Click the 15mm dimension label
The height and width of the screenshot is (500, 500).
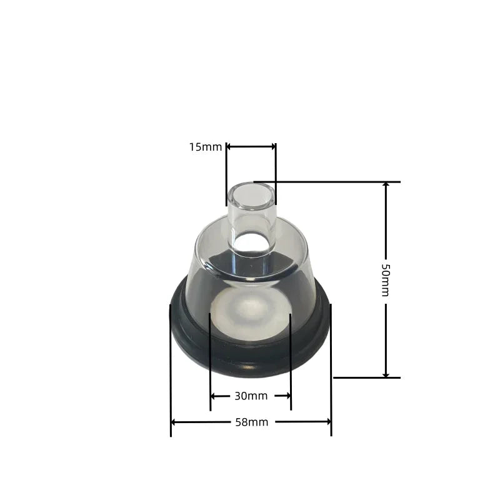(x=206, y=147)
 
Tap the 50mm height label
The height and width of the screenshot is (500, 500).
(x=386, y=279)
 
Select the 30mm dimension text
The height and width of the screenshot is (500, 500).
(x=251, y=396)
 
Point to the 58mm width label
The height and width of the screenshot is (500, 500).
(x=251, y=422)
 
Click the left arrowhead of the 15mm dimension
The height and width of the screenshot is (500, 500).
(x=229, y=147)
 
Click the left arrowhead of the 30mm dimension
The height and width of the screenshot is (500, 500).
(x=213, y=396)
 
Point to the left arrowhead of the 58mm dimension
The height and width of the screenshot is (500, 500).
(x=174, y=422)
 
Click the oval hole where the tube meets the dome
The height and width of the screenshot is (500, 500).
(x=253, y=243)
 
